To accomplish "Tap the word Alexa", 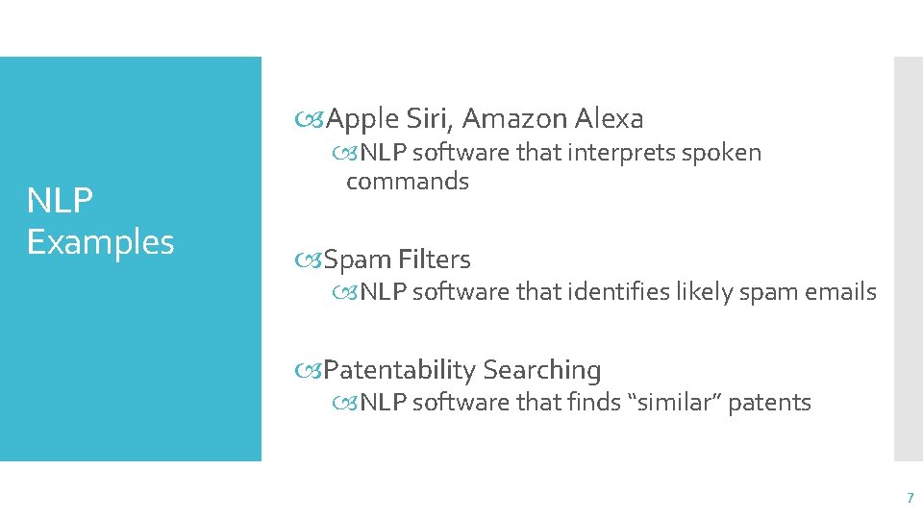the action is [609, 119].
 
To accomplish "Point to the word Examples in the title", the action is [101, 242].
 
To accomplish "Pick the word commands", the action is [408, 182].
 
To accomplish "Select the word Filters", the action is [435, 259].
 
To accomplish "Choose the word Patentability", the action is [400, 370].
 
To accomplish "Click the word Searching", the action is [542, 370].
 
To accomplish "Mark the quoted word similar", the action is [673, 403].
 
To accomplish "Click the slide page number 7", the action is [910, 498].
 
